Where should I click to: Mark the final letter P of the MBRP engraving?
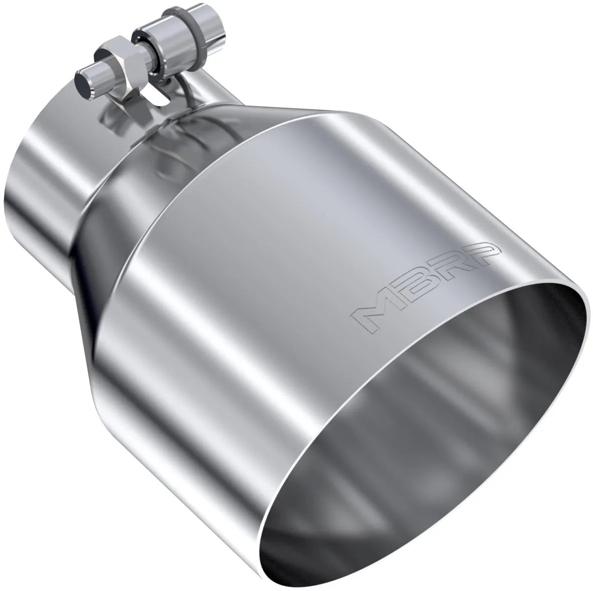pyautogui.click(x=481, y=252)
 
